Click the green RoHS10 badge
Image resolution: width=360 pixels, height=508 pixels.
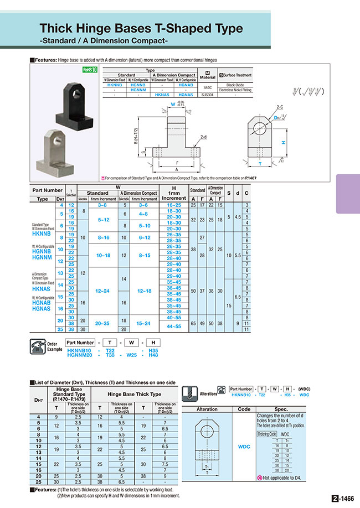click(x=90, y=70)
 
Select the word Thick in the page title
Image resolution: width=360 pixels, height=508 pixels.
click(x=59, y=28)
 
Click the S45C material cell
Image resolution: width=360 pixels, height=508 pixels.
click(x=208, y=87)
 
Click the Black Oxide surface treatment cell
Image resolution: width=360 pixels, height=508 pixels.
click(x=235, y=85)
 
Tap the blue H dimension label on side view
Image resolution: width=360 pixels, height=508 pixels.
click(x=284, y=142)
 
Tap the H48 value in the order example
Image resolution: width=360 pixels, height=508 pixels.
click(x=153, y=356)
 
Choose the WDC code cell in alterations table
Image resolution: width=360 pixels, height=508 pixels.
click(x=244, y=445)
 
